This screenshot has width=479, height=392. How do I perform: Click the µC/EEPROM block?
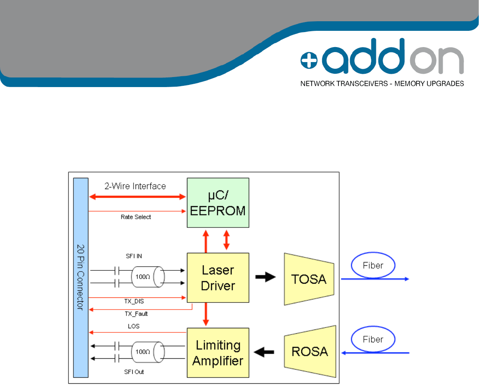pyautogui.click(x=218, y=202)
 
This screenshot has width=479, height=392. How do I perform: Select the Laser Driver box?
pyautogui.click(x=218, y=277)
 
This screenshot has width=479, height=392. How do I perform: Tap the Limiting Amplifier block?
pyautogui.click(x=218, y=352)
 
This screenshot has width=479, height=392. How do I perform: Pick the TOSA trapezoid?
pyautogui.click(x=309, y=279)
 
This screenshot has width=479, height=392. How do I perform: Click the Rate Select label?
pyautogui.click(x=136, y=217)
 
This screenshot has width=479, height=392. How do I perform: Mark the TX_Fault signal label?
pyautogui.click(x=136, y=314)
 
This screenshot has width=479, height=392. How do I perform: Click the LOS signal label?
pyautogui.click(x=134, y=326)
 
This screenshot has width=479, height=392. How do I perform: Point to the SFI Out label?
pyautogui.click(x=134, y=372)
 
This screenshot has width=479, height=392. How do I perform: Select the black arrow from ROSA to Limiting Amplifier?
pyautogui.click(x=265, y=352)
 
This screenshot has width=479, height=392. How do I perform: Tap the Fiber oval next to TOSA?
pyautogui.click(x=373, y=265)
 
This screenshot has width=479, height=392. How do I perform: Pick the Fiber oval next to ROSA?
pyautogui.click(x=373, y=339)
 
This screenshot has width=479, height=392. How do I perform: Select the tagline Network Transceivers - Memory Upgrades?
pyautogui.click(x=382, y=84)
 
